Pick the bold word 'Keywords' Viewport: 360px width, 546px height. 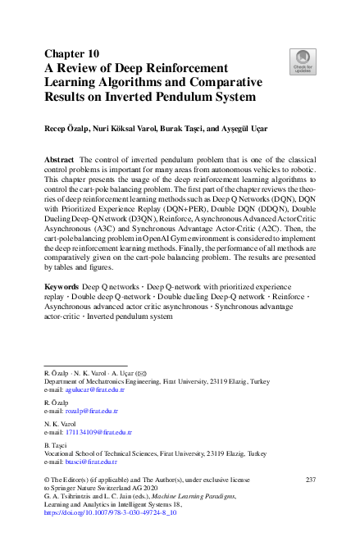(x=63, y=287)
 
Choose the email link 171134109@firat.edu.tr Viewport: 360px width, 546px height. (x=97, y=430)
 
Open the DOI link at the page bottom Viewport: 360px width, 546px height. (x=110, y=511)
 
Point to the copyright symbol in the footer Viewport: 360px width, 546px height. (x=46, y=480)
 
